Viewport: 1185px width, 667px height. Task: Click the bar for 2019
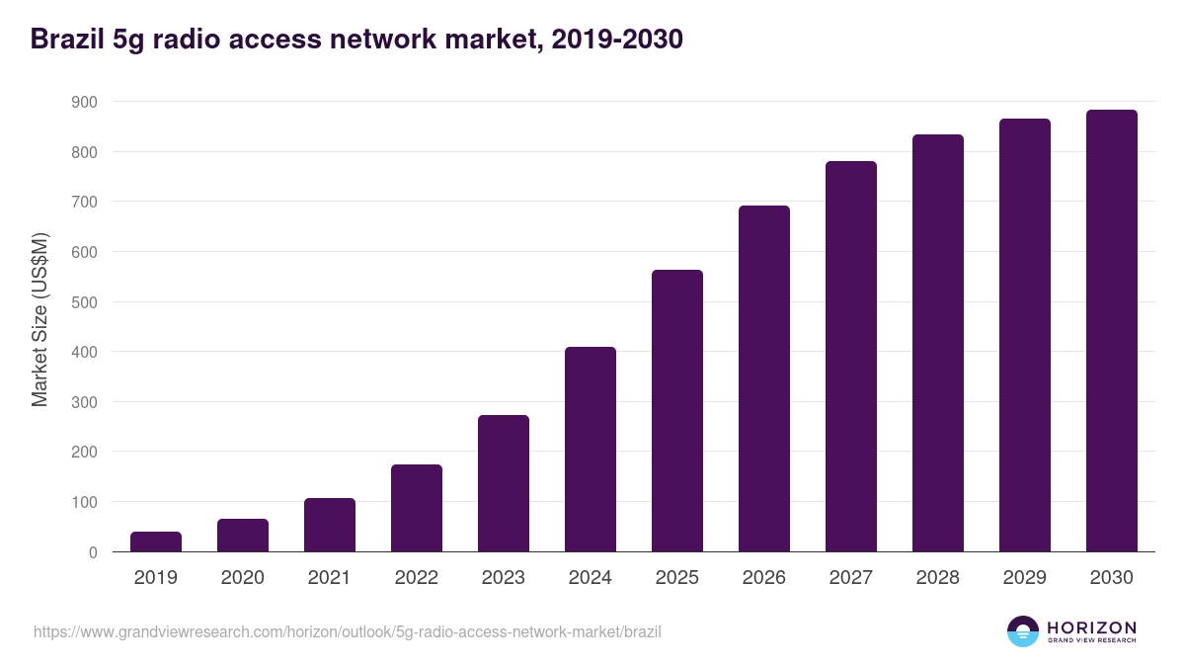[156, 542]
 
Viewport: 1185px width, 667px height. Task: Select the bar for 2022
[417, 508]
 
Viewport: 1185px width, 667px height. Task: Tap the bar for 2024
[591, 450]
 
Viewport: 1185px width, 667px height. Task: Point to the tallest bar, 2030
[1112, 331]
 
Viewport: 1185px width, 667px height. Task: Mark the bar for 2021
[330, 525]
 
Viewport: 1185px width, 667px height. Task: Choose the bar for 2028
[938, 343]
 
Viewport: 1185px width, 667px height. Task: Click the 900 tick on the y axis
[84, 102]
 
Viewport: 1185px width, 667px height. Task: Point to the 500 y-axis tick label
[84, 302]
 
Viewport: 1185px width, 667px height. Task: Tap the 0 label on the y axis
[93, 552]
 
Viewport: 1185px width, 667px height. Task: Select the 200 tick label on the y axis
[84, 453]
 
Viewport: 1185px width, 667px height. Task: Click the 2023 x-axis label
[504, 578]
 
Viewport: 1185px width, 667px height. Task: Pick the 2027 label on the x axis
[851, 578]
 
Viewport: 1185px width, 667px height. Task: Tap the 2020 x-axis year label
[243, 578]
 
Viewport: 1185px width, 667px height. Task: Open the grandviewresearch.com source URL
[347, 631]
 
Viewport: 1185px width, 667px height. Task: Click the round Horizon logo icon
[1023, 631]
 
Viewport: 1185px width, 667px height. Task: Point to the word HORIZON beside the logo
[1091, 626]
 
